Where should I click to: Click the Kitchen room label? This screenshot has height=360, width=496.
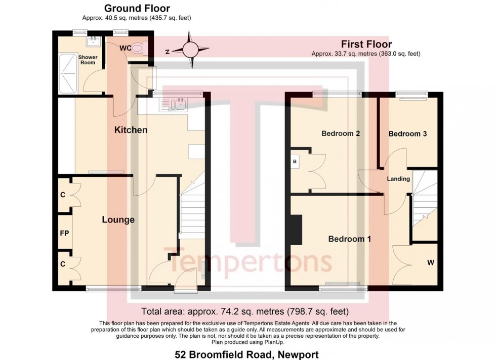[x=131, y=130]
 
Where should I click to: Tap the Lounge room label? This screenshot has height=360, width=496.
[x=118, y=219]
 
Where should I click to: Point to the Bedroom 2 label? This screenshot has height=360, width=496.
[x=341, y=134]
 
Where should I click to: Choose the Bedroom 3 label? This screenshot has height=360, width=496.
[x=407, y=134]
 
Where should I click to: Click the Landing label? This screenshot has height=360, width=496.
[x=398, y=178]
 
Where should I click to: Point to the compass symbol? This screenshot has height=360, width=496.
[x=191, y=50]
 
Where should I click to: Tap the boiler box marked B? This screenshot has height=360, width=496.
[x=295, y=162]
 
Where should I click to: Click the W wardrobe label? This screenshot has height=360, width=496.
[x=431, y=263]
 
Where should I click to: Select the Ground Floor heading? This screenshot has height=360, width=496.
[x=137, y=8]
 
